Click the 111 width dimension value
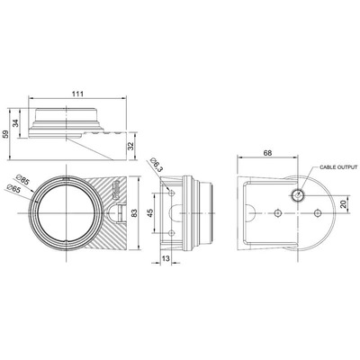coord(77,94)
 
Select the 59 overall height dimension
coord(5,134)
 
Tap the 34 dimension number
coord(15,123)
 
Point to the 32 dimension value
coord(130,146)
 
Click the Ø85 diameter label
coord(22,180)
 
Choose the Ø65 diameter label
coord(13,189)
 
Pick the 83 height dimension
coord(134,212)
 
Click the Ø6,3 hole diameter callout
coord(157,165)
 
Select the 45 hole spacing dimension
coord(150,212)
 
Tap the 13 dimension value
coord(166,258)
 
